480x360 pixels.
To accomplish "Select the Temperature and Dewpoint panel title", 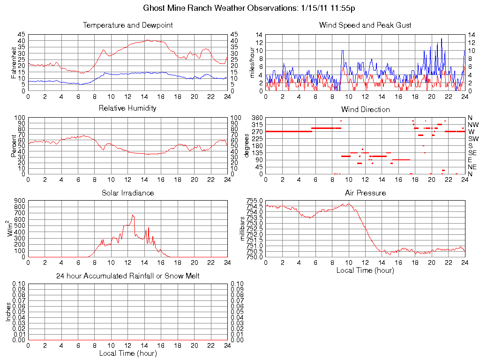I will coord(127,25).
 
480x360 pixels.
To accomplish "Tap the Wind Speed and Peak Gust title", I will coord(365,25).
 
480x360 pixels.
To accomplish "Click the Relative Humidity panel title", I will coord(127,108).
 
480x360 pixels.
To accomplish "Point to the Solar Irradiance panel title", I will coord(127,193).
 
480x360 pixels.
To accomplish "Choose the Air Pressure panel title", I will coord(365,193).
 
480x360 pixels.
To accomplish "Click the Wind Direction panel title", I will coord(365,109).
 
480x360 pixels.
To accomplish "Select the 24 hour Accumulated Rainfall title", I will coord(127,276).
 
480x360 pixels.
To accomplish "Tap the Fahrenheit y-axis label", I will coord(14,62).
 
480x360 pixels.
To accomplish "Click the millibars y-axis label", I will coord(242,229).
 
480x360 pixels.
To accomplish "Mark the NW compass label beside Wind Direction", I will coord(473,125).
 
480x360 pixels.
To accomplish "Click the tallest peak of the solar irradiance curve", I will coord(133,215).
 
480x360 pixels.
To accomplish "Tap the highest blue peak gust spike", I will coord(441,39).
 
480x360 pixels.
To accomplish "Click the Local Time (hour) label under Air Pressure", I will coord(365,270).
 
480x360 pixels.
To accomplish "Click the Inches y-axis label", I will coord(8,312).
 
